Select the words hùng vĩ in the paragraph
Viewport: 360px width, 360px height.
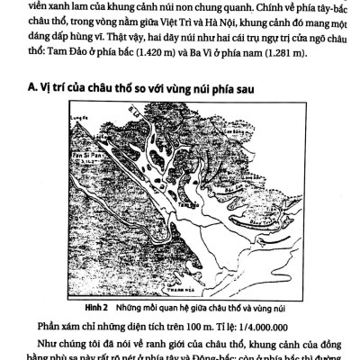95,40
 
